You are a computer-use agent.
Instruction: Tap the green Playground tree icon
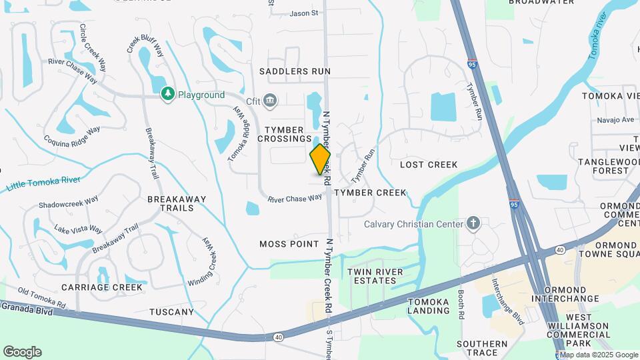point(168,95)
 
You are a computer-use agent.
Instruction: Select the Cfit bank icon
point(270,101)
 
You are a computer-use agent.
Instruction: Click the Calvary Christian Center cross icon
point(473,223)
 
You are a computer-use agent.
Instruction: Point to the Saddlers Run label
point(295,71)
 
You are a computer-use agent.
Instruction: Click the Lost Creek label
point(429,165)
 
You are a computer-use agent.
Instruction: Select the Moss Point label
point(289,244)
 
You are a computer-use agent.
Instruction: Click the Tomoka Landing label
point(428,306)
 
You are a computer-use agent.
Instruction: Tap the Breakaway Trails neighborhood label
point(176,203)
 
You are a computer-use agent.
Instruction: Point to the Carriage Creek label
point(102,287)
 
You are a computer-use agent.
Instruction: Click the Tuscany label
point(171,311)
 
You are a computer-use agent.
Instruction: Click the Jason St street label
point(304,13)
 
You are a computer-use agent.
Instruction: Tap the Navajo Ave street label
point(618,120)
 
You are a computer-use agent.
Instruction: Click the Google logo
point(21,351)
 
